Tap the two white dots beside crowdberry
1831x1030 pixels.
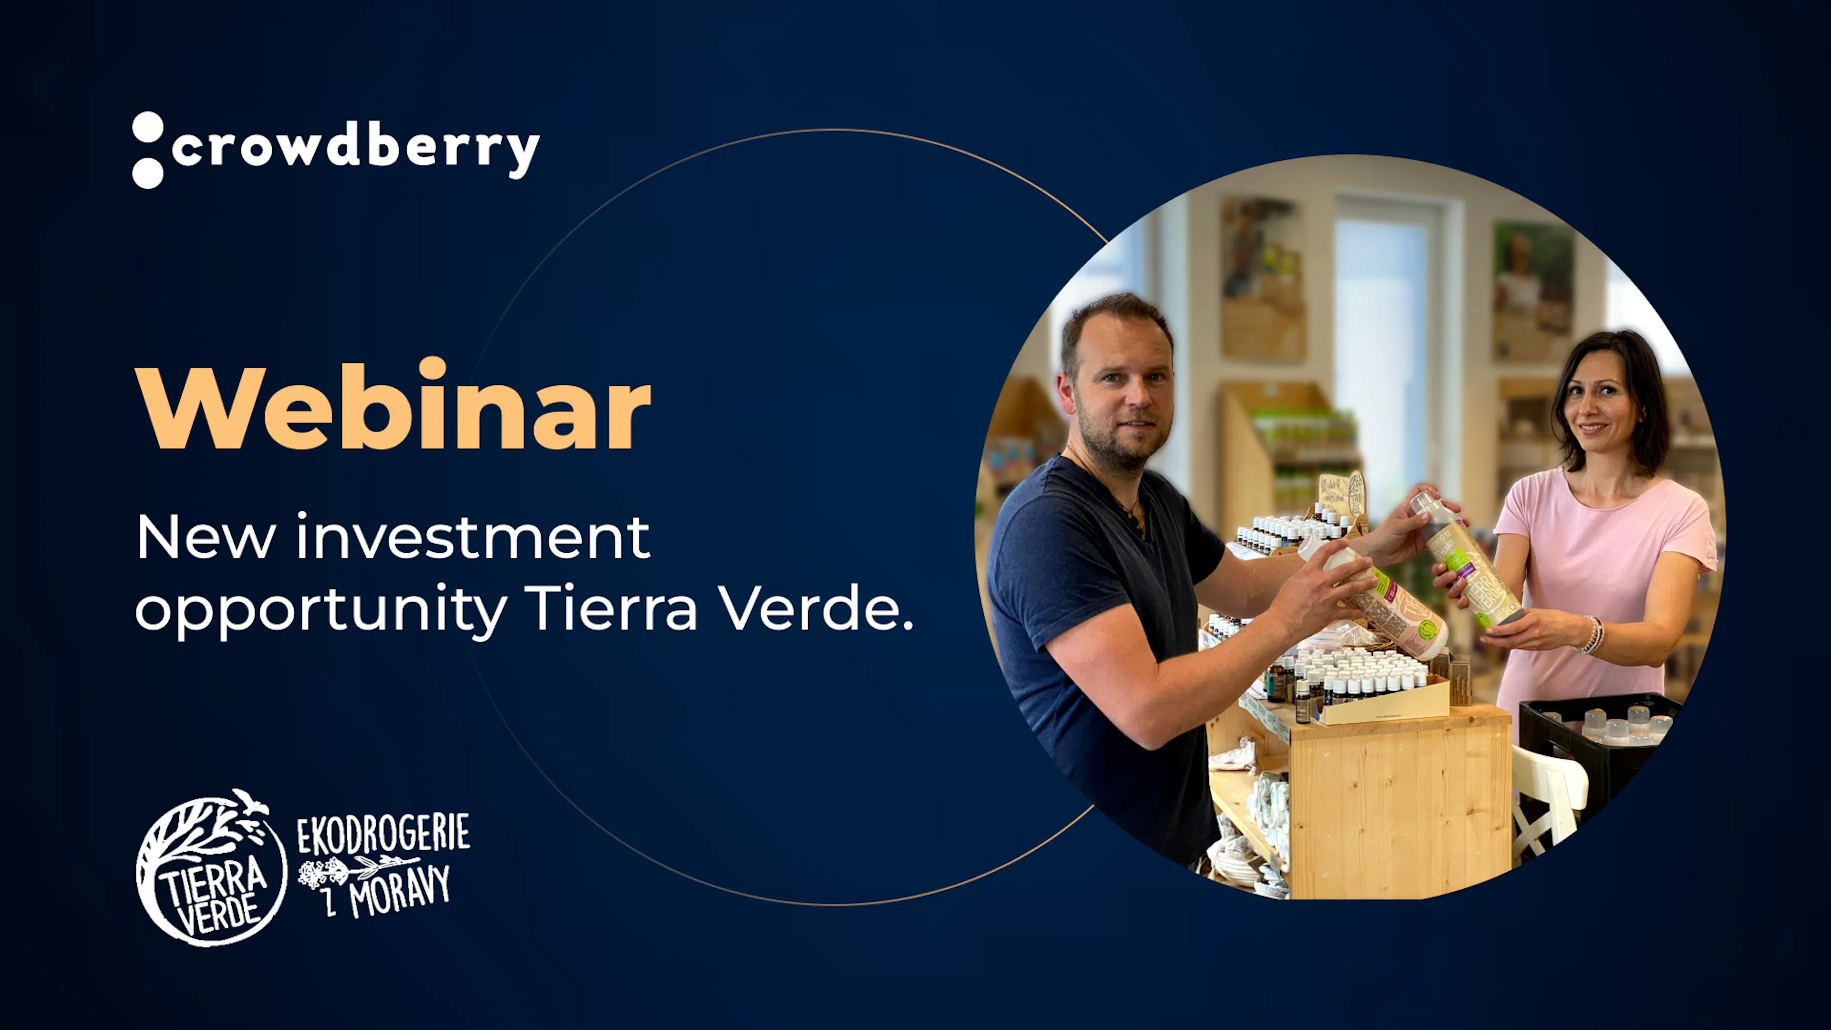(148, 150)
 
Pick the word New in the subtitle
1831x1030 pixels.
(206, 538)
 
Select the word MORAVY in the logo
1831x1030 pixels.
(400, 891)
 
